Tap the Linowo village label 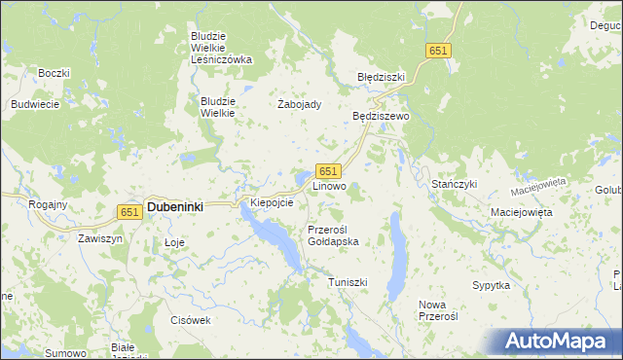[x=328, y=185]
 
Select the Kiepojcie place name [x=272, y=202]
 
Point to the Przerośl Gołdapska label [x=333, y=235]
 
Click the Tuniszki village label [x=347, y=281]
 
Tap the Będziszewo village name [x=382, y=116]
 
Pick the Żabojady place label [x=300, y=105]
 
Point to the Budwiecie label [x=35, y=104]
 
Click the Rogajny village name [x=48, y=204]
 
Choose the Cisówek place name [x=190, y=319]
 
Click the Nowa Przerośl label [x=438, y=310]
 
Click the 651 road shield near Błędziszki [x=438, y=51]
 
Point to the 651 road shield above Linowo [x=328, y=170]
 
